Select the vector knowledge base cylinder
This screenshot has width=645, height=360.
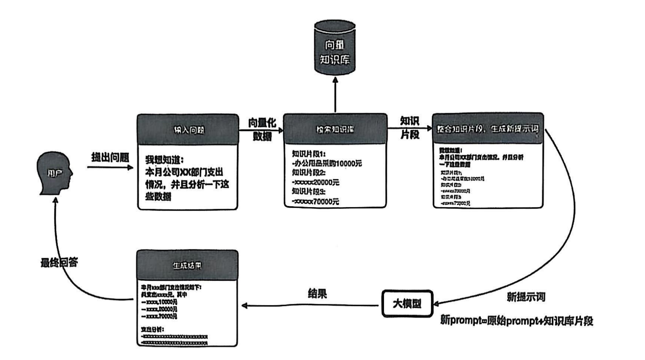pos(335,48)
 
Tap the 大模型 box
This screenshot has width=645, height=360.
pos(407,303)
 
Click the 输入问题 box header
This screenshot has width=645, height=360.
pos(188,129)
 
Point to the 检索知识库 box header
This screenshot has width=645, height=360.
pos(335,129)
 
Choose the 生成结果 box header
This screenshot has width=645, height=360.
pos(187,265)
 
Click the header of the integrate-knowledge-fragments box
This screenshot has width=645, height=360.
pos(488,129)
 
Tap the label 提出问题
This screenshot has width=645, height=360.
pos(110,157)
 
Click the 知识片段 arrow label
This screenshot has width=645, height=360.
pos(409,128)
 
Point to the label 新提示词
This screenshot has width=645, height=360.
pos(526,297)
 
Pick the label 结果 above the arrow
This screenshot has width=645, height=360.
pos(317,294)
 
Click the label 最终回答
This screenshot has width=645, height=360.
pos(59,262)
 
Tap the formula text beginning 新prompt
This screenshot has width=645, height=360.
pos(517,321)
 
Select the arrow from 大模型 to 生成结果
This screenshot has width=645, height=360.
pos(310,305)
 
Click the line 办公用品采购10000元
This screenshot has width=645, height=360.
pos(327,163)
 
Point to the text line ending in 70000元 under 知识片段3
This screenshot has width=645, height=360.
pos(316,202)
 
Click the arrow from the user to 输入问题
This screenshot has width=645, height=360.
pos(110,167)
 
